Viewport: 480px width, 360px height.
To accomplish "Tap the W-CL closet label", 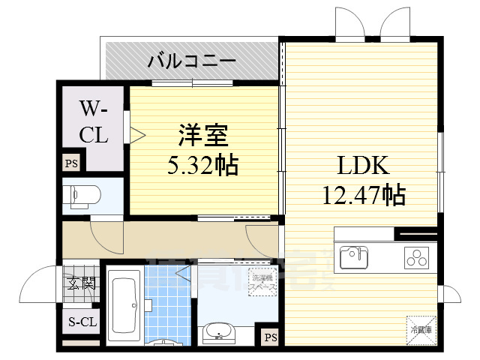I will pos(94,124).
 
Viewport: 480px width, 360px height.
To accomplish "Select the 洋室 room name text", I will pos(202,137).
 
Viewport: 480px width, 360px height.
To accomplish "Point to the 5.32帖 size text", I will pos(202,164).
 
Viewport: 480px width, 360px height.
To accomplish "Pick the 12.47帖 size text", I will pos(364,196).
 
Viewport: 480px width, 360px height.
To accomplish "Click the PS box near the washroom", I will pos(268,337).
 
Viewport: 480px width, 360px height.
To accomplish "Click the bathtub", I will pos(122,304).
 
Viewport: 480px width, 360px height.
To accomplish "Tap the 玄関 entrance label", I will pos(81,283).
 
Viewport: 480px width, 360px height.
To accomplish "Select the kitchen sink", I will pos(354,257).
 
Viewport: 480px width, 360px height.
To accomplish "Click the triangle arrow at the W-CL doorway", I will pos(137,135).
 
